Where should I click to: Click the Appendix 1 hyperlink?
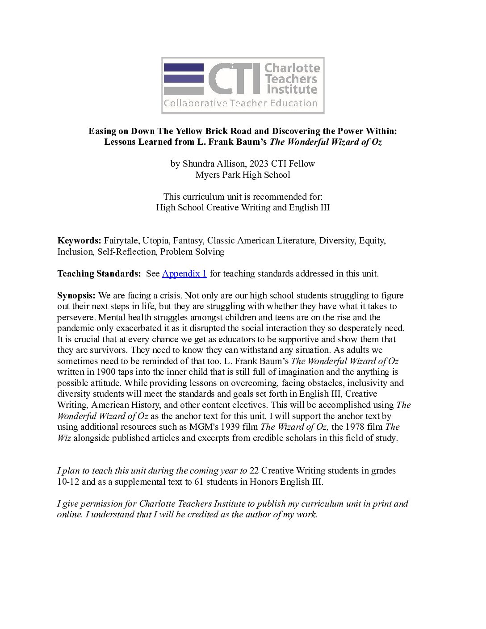point(184,273)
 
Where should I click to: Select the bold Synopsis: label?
point(76,295)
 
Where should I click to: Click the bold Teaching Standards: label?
point(99,273)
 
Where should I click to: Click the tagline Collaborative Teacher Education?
point(240,104)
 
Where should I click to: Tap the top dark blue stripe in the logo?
point(184,67)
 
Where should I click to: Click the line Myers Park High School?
point(243,175)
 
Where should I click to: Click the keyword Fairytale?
point(121,240)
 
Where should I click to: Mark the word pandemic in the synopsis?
point(75,328)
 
